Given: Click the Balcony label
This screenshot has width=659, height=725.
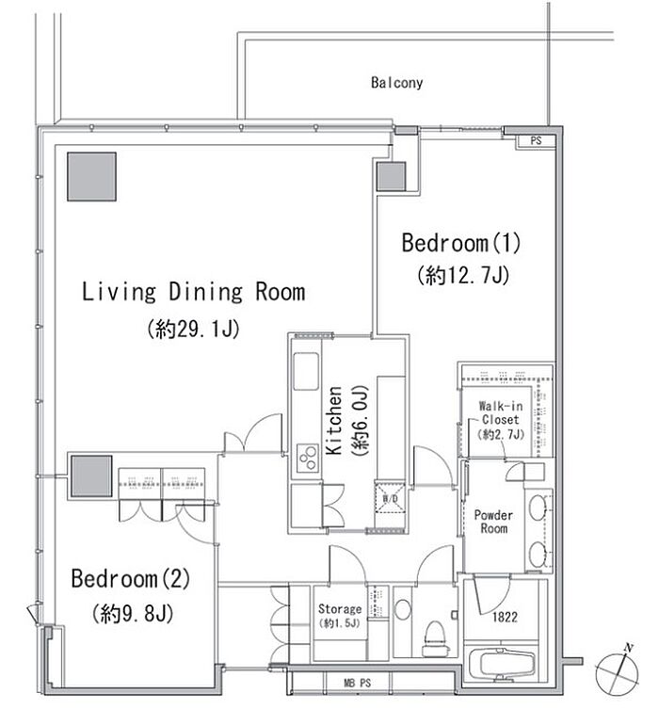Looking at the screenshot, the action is pos(396,83).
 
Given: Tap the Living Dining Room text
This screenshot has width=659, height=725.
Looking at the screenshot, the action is pos(193,292).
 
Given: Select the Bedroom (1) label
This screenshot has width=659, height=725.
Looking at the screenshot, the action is pos(461,243).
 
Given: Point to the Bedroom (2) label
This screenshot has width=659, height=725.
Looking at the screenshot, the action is pos(131,578).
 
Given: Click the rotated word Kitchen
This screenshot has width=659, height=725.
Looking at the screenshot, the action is pos(334,421).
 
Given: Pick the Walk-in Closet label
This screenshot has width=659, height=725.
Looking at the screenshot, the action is pos(501,413).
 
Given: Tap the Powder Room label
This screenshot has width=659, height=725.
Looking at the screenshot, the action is pos(493,522).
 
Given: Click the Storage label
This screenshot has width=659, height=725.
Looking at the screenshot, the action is pos(340,609).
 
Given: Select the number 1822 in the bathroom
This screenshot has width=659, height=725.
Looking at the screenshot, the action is pos(505,618).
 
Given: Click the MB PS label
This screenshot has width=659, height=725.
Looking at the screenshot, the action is pos(358,683).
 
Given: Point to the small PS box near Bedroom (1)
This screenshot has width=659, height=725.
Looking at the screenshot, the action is pos(536,140).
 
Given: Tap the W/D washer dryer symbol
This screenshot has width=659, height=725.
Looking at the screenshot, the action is pos(391,498).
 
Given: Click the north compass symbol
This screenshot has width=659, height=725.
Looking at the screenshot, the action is pos(618,670).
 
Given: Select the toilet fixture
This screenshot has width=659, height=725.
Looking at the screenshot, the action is pos(435,638).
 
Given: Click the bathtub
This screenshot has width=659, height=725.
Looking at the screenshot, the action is pos(501,664).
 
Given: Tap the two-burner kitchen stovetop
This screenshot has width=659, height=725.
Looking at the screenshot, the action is pos(306,458).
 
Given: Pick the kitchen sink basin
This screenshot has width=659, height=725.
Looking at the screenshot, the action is pos(306,372).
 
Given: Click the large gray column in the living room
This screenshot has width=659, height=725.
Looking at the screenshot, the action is pos(91,177).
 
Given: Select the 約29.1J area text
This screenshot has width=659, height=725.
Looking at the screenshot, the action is pos(193,329).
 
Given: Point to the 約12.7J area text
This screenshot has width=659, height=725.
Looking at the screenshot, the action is pos(463,276).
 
